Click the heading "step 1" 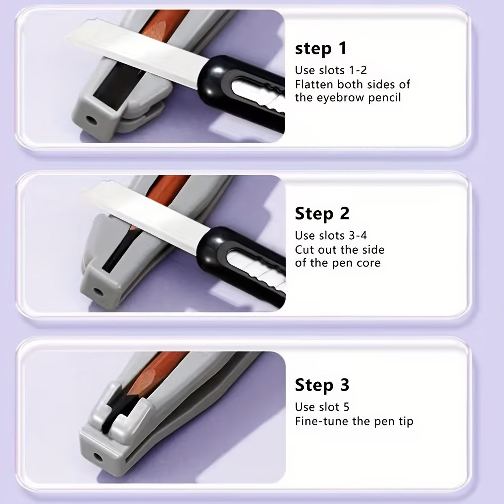tap(321, 49)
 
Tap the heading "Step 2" tap(322, 214)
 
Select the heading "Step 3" tap(322, 385)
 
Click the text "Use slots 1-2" tap(331, 70)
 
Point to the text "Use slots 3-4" tap(331, 235)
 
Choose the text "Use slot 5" tap(322, 407)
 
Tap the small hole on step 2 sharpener tap(98, 292)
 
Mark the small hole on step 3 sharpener tap(97, 457)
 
